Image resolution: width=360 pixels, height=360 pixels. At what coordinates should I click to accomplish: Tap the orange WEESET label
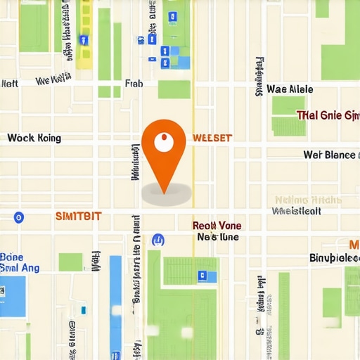pos(212,138)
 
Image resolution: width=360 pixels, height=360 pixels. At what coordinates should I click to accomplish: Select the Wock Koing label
pos(33,138)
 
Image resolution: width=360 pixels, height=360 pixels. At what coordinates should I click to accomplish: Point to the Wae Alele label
pos(290,89)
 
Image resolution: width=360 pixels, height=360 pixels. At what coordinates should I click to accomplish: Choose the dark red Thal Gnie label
pos(328,115)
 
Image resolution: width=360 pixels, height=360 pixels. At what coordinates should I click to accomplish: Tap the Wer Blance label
pos(329,155)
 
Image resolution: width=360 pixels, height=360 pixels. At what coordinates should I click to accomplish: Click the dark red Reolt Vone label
pos(217,226)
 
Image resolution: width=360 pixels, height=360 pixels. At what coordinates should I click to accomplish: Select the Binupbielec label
pos(335,258)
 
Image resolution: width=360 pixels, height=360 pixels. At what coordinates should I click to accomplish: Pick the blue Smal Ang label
pos(20,268)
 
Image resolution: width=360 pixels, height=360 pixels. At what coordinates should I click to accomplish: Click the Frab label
pos(134,84)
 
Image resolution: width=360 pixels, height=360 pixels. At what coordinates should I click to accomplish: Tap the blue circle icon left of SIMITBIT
pos(19,217)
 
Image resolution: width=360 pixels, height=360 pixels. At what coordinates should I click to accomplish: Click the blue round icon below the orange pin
pos(158,240)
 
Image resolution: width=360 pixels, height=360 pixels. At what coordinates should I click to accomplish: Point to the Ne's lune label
pos(218,238)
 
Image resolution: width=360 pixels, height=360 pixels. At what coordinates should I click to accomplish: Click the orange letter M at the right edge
pos(354,245)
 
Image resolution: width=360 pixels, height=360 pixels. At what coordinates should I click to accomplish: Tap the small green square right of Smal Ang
pos(70,262)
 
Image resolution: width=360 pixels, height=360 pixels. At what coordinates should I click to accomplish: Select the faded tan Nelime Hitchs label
pos(307,199)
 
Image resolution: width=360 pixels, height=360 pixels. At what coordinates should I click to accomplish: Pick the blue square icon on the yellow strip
pos(84,40)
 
